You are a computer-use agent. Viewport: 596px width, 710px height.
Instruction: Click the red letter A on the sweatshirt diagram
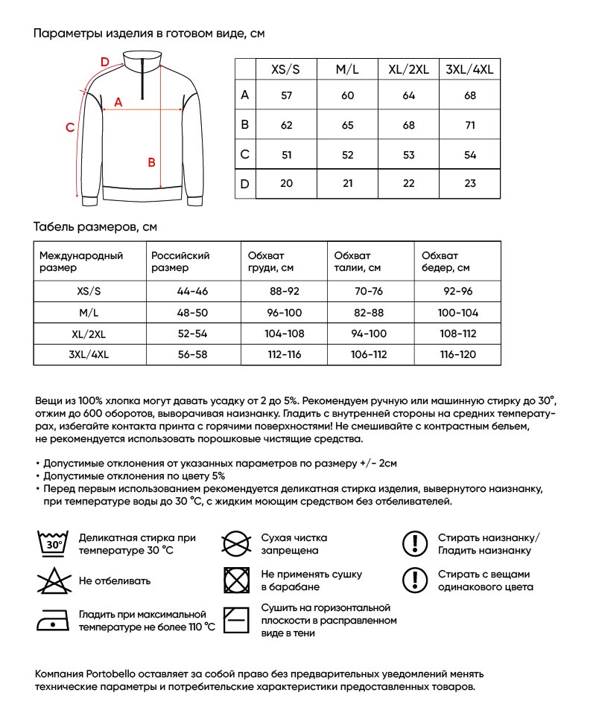(x=118, y=103)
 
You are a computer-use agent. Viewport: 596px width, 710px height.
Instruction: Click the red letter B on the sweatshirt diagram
(x=151, y=162)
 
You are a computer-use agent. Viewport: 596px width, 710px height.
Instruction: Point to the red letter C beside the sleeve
(x=69, y=127)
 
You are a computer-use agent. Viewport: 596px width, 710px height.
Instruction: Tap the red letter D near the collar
(x=104, y=61)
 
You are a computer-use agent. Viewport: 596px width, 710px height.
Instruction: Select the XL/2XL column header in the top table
(x=408, y=69)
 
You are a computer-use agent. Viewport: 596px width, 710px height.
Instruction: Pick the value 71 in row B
(x=469, y=126)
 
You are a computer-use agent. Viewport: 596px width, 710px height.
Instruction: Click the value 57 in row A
(x=286, y=96)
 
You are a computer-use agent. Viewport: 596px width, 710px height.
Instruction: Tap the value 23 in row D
(x=469, y=184)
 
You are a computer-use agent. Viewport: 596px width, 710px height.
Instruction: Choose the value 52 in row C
(x=347, y=155)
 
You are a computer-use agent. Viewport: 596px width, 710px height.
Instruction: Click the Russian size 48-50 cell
(x=192, y=313)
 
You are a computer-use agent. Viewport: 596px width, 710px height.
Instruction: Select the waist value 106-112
(x=369, y=354)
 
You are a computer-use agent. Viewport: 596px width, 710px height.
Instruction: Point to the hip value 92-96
(x=457, y=292)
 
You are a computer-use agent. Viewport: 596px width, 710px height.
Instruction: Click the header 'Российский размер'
(x=180, y=261)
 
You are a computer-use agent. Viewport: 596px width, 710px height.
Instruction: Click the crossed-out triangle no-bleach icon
(x=51, y=581)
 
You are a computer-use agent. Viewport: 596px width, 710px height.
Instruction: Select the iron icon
(x=51, y=619)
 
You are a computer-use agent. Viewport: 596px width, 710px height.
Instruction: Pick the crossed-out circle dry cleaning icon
(x=236, y=543)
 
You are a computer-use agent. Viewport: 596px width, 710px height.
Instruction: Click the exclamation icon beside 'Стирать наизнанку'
(x=413, y=543)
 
